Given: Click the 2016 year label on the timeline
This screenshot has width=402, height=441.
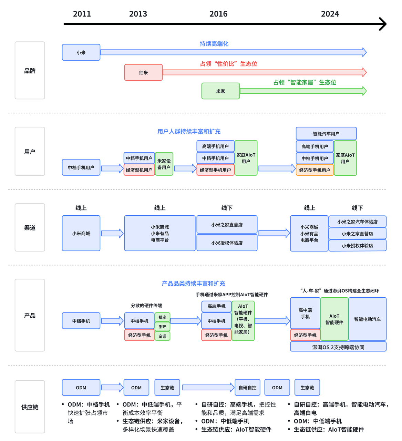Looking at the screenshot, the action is click(x=218, y=14).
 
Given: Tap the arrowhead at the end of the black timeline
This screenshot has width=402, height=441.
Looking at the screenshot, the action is click(x=384, y=24).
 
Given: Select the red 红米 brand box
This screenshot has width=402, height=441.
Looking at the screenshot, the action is click(x=143, y=72).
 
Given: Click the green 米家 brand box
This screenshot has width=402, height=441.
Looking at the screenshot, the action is click(x=220, y=91).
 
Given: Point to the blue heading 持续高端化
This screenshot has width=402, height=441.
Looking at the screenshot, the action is click(x=214, y=44).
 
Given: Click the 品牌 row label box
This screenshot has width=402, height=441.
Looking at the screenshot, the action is click(x=30, y=70).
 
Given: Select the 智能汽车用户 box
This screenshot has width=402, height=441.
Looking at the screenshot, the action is click(x=326, y=133).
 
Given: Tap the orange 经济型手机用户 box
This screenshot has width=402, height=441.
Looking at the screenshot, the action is click(x=315, y=170).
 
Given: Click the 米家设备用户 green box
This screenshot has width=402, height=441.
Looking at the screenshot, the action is click(x=164, y=164).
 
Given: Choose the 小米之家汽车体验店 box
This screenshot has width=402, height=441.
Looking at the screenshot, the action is click(x=357, y=222).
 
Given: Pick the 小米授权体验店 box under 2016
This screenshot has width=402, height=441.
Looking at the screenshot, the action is click(x=227, y=243).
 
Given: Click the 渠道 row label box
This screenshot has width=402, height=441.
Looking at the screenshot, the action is click(x=30, y=227).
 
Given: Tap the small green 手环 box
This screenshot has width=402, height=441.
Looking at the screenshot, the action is click(x=163, y=327).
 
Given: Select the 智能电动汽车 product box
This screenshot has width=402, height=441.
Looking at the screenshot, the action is click(x=368, y=319).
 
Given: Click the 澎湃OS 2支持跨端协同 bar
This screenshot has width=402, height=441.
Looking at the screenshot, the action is click(x=338, y=347).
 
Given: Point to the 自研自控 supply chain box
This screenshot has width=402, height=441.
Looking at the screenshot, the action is click(x=247, y=387).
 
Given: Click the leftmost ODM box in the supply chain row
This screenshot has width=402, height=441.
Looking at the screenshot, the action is click(x=81, y=387).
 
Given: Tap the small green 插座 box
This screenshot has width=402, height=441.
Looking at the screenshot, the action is click(x=163, y=317).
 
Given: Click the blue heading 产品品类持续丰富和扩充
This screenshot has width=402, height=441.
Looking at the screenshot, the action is click(x=193, y=283).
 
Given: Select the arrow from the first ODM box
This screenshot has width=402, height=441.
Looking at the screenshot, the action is click(x=112, y=387).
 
